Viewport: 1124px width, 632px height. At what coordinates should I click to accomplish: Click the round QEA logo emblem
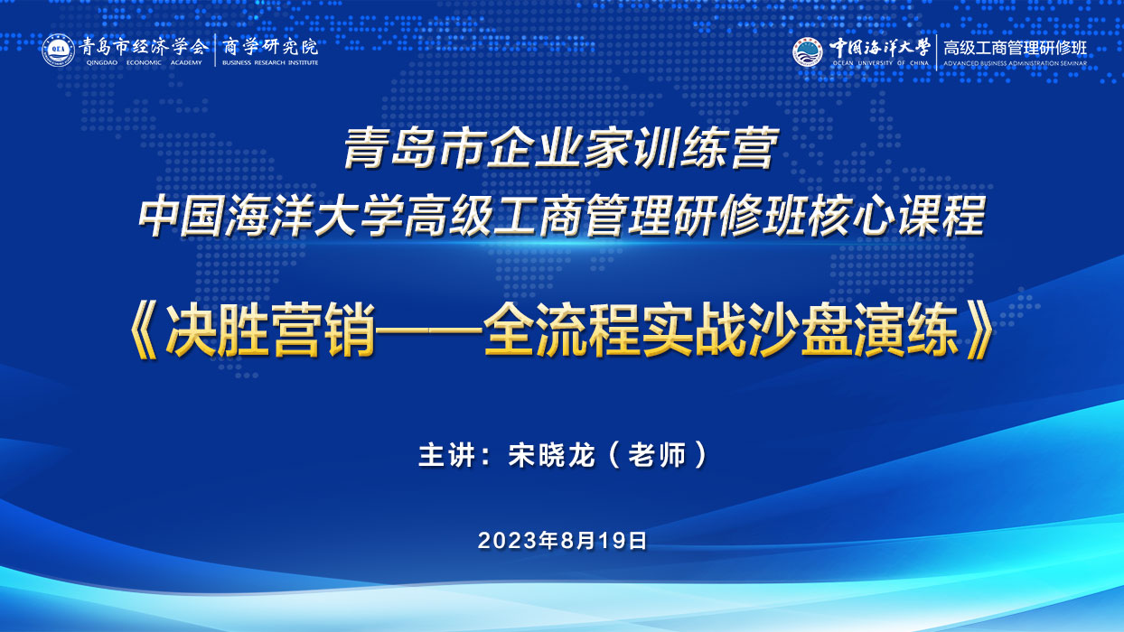coord(58,51)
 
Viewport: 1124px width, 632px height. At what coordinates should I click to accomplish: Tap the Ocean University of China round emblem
coord(808,51)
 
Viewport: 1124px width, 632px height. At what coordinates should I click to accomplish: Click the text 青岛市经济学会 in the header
coord(143,47)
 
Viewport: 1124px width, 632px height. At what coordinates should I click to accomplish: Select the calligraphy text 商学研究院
coord(270,47)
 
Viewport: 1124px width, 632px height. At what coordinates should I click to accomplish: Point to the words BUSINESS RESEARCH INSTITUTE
coord(270,62)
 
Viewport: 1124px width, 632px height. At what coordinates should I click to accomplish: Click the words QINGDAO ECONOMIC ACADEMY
coord(144,62)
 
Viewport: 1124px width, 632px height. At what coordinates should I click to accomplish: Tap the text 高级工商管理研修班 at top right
coord(1015,48)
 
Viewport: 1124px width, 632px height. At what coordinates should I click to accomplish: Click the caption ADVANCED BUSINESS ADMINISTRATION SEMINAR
coord(1015,64)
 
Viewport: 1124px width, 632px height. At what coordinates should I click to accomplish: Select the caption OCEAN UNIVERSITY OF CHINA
coord(881,63)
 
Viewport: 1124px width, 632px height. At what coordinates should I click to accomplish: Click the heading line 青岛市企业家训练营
coord(561,148)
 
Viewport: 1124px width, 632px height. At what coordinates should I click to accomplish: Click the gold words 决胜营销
coord(270,330)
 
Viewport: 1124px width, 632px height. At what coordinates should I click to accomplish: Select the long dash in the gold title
coord(429,330)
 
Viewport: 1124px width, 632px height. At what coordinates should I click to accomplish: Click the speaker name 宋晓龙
coord(551,455)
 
